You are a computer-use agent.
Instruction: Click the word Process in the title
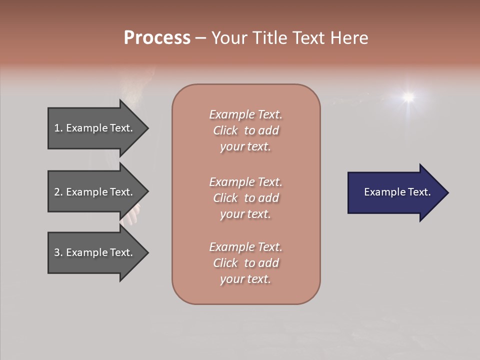(157, 38)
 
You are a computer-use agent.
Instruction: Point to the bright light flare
(408, 96)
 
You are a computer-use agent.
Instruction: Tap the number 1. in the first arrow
(58, 128)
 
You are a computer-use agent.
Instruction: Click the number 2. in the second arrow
(58, 192)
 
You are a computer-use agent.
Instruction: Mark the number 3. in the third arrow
(58, 252)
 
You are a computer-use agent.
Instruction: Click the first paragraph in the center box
(246, 130)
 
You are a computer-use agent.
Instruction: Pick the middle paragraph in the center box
(246, 198)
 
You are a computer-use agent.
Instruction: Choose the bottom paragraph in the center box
(246, 263)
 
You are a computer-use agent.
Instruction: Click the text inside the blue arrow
(397, 192)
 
